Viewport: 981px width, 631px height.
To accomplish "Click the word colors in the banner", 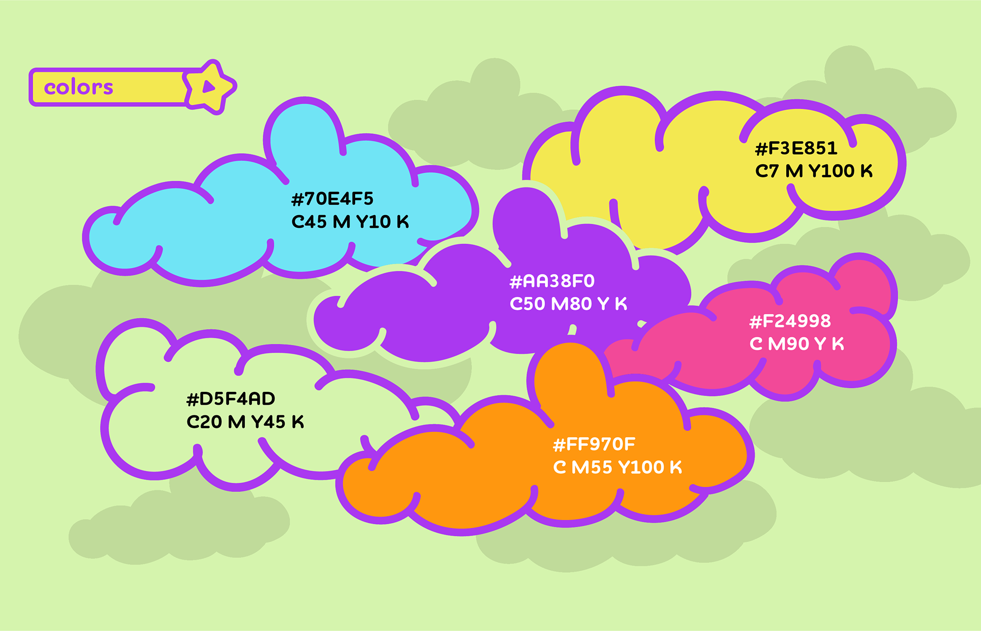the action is [78, 87].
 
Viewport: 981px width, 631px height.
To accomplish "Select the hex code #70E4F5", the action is [332, 199].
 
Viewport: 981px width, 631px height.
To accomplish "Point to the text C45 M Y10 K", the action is [350, 222].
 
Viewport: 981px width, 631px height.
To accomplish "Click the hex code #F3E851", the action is [796, 148].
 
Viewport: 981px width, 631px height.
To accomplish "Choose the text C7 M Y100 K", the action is [813, 171].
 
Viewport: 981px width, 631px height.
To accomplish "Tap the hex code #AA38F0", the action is [552, 281].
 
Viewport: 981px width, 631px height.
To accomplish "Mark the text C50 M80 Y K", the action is [568, 304].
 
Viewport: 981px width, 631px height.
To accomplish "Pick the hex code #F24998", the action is [790, 321].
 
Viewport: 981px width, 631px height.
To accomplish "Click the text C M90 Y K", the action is [797, 344].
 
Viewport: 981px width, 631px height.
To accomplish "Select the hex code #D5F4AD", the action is [230, 399].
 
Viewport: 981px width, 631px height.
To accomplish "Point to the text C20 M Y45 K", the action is [245, 422].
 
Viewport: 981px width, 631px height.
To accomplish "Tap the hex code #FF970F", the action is [594, 445].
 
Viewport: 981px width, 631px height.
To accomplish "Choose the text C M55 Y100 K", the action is [617, 468].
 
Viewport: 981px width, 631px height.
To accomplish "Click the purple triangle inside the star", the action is [208, 87].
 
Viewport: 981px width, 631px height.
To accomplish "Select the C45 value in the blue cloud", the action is [309, 222].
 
